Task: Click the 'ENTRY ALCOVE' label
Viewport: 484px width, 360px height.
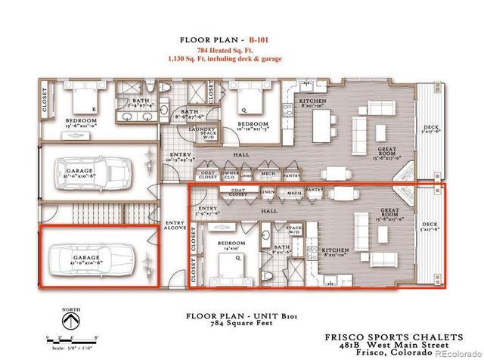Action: coord(173,225)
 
